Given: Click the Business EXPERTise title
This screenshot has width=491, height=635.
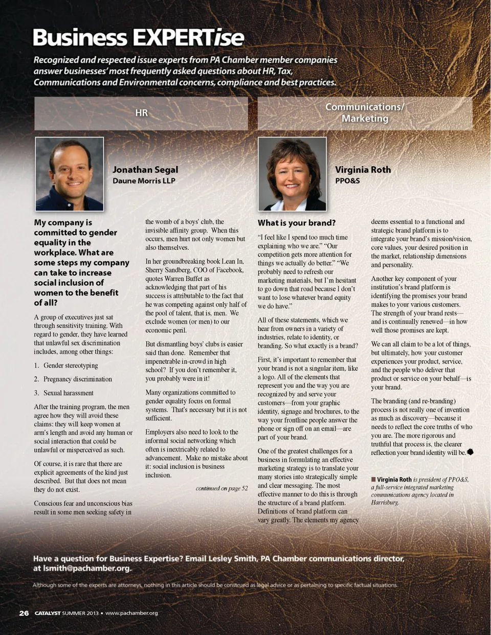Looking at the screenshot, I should click(138, 38).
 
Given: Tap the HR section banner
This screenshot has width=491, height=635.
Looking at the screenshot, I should click(141, 113).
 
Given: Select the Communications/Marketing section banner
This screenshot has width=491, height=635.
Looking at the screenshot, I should click(365, 113).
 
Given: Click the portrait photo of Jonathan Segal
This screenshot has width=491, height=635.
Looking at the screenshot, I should click(70, 174).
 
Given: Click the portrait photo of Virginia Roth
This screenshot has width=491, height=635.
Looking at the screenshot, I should click(292, 174).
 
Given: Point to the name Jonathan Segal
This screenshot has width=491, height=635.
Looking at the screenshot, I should click(145, 170).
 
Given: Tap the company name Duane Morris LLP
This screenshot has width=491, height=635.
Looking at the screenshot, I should click(144, 181).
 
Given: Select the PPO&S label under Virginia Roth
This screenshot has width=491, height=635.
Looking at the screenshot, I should click(347, 181).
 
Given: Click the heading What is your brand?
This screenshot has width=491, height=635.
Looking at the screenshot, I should click(297, 223).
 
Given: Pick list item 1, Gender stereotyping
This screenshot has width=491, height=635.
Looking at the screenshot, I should click(70, 366).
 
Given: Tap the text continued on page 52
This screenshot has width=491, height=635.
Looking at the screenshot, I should click(221, 488).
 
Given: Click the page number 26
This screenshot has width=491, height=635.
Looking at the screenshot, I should click(24, 613).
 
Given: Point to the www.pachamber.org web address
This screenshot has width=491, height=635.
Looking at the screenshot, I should click(131, 613).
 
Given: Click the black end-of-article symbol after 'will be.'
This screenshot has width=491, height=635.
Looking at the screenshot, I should click(470, 452).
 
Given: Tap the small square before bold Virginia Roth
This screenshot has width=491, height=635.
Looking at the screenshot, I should click(373, 480).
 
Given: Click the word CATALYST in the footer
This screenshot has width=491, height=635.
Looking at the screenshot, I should click(48, 613).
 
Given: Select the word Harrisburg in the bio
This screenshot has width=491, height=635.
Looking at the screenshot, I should click(385, 503).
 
